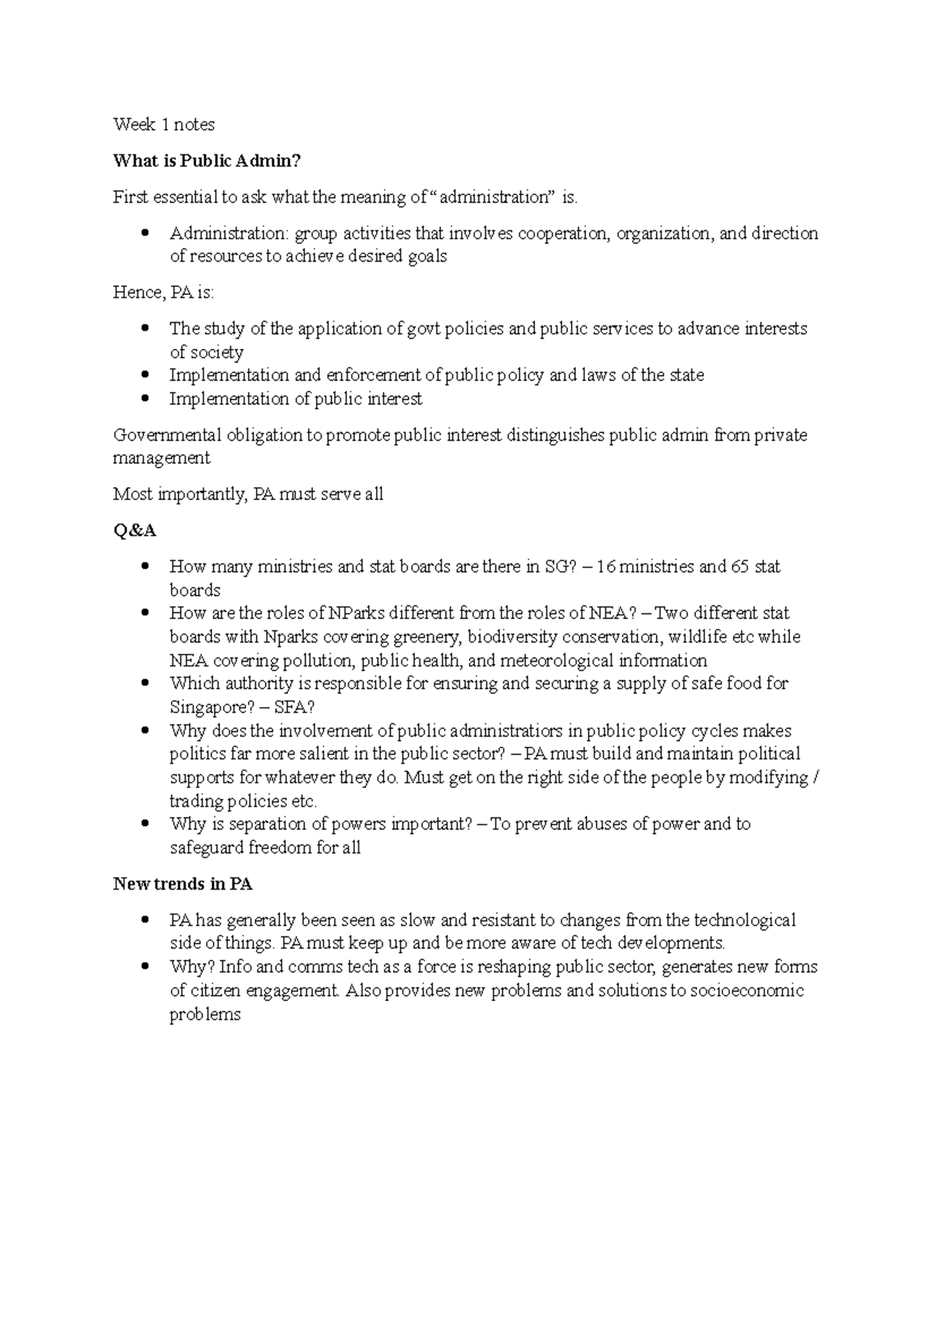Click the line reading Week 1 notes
pos(164,124)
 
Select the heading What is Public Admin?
pos(207,161)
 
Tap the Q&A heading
pos(135,531)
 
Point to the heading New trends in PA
pos(183,884)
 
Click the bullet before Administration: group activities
pos(145,233)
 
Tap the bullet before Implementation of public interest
pos(145,399)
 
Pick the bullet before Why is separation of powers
pos(145,824)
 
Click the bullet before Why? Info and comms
pos(145,967)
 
